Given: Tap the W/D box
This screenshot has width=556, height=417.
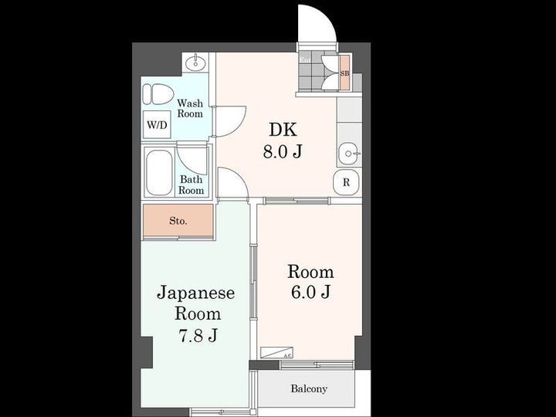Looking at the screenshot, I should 157,124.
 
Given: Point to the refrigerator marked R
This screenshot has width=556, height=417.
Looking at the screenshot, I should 347,182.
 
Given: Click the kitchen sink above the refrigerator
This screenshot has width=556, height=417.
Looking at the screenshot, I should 350,154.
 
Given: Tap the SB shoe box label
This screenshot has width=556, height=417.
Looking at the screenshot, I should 344,73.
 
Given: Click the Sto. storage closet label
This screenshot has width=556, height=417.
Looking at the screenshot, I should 178,221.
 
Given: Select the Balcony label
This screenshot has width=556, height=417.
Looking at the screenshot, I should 309,389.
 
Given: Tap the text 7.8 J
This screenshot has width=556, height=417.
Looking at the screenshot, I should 198,335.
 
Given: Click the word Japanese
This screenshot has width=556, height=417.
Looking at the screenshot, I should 196,293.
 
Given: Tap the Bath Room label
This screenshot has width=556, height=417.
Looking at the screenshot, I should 192,185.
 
